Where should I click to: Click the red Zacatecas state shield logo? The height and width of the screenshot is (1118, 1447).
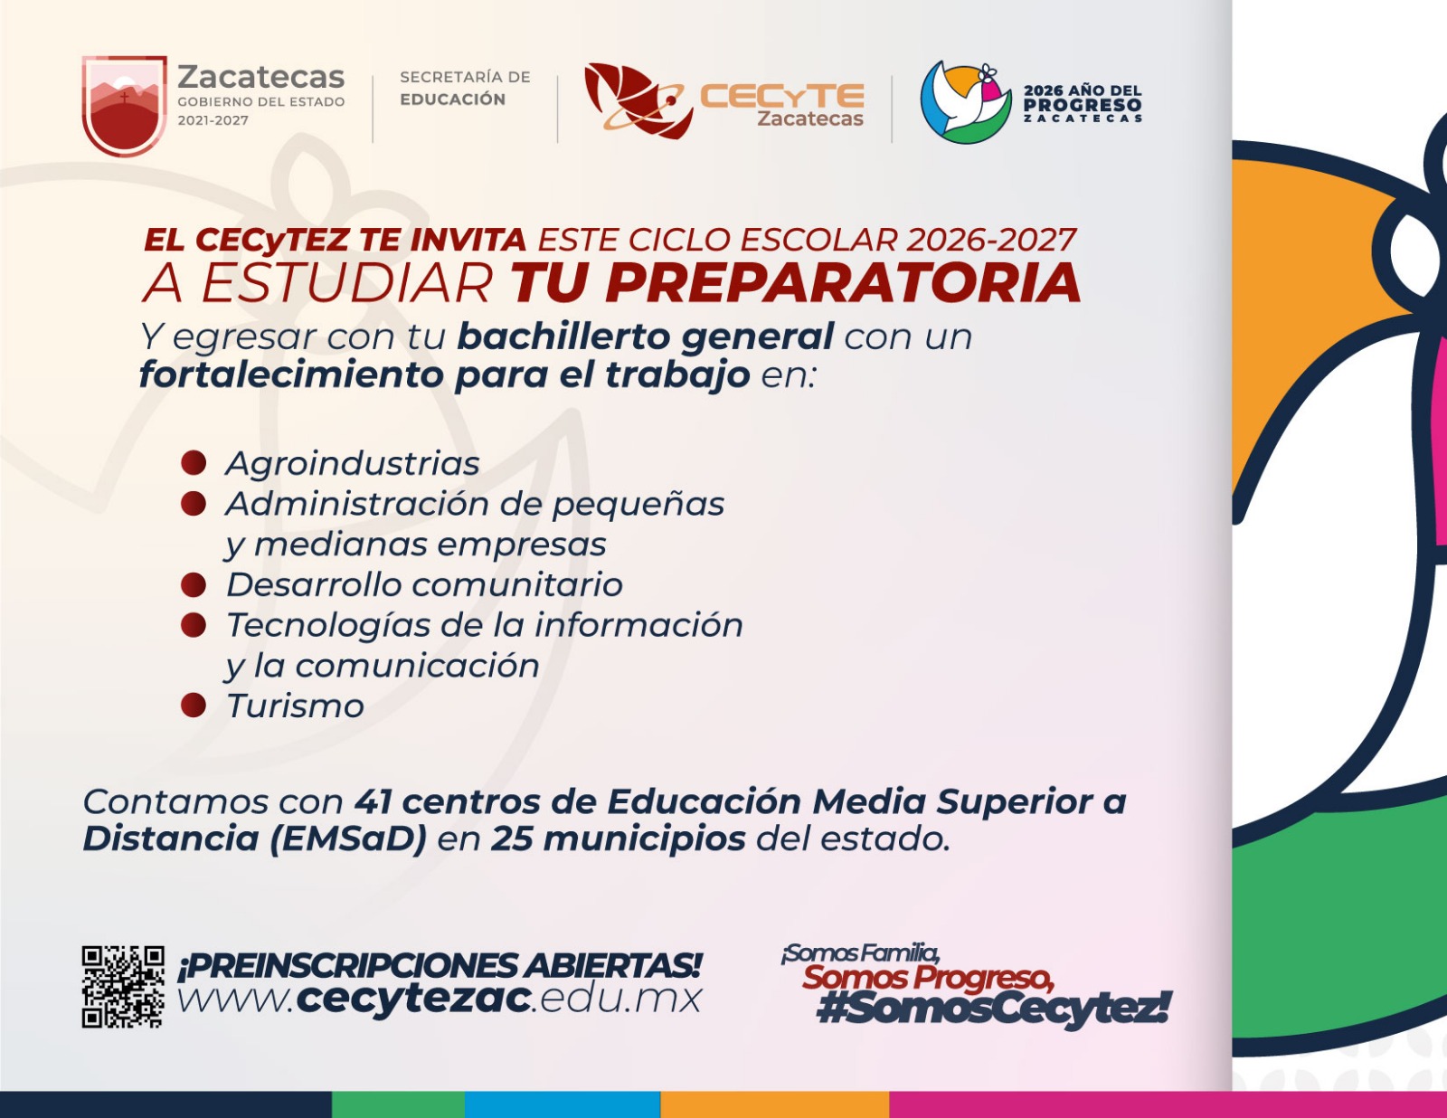click(125, 106)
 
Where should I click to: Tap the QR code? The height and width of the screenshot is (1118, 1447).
click(123, 987)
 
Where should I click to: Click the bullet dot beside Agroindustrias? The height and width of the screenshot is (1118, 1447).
click(194, 463)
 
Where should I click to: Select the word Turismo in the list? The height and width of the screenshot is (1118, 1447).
click(295, 706)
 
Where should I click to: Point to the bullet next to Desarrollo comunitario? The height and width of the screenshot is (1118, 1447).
click(194, 584)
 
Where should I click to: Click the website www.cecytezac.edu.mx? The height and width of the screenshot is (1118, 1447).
click(440, 1000)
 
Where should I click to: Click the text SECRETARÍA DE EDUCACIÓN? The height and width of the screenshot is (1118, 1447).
click(465, 88)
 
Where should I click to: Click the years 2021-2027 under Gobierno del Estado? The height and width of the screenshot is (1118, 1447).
click(213, 120)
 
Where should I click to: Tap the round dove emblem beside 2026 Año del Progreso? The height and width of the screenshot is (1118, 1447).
click(966, 102)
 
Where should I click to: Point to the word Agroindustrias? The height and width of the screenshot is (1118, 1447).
click(353, 463)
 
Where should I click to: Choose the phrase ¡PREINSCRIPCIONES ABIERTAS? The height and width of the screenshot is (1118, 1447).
click(440, 966)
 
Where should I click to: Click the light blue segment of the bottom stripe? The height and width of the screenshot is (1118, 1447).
click(562, 1104)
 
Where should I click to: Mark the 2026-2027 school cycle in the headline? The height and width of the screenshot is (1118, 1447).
click(991, 240)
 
